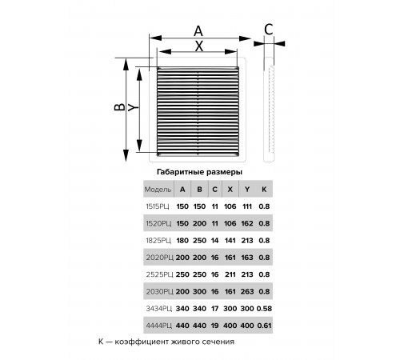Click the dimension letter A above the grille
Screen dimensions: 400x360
198,31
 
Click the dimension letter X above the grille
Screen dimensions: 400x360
199,46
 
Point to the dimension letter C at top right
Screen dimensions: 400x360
269,30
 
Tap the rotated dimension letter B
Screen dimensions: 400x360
119,106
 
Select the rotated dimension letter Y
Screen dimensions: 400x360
133,107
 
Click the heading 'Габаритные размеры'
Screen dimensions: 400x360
199,172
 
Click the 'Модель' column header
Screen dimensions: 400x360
158,190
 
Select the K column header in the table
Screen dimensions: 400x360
264,190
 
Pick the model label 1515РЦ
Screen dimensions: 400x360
158,206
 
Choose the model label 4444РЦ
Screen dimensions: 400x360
158,326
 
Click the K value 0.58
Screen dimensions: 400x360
264,309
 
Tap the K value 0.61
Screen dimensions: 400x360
264,326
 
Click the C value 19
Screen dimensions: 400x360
214,326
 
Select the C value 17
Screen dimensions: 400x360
214,309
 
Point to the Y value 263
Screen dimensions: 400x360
247,291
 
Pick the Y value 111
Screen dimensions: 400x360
247,206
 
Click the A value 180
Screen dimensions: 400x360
182,241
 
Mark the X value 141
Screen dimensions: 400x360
230,241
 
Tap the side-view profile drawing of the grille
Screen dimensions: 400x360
269,110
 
